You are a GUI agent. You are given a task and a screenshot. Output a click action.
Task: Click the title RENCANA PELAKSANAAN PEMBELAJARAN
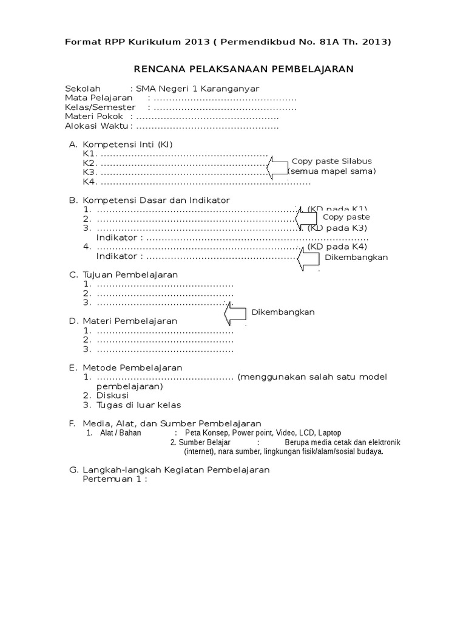[x=243, y=69]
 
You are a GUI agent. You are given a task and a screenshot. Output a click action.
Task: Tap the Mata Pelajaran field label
[x=99, y=98]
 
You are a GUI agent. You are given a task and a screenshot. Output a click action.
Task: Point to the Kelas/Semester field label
[x=100, y=107]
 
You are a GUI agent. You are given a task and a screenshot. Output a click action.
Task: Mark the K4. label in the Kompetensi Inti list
[x=90, y=182]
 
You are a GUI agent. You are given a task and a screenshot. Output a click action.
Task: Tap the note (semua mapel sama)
[x=332, y=171]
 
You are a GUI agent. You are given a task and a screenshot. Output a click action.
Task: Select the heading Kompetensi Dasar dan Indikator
[x=157, y=200]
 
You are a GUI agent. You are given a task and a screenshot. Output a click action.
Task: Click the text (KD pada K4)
[x=337, y=247]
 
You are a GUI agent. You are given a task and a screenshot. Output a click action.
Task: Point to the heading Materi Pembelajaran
[x=130, y=321]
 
